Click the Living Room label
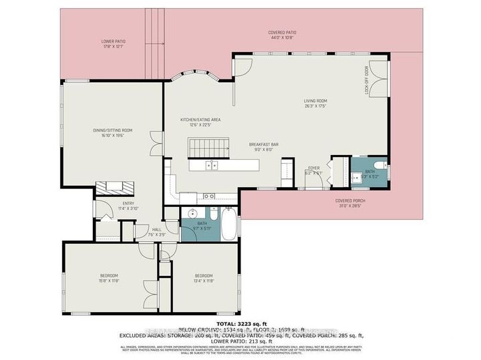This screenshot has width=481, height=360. (315, 104)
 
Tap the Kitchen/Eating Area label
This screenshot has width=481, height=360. (200, 122)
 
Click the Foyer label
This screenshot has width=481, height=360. (314, 170)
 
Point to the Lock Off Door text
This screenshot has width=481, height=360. (367, 79)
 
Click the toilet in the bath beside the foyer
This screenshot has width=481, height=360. (378, 166)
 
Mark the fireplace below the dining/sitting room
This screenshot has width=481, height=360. (115, 188)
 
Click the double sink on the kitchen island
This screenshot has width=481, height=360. (210, 165)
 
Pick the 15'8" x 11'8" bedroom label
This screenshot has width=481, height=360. (109, 278)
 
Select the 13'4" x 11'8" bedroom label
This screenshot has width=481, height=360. (204, 278)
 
